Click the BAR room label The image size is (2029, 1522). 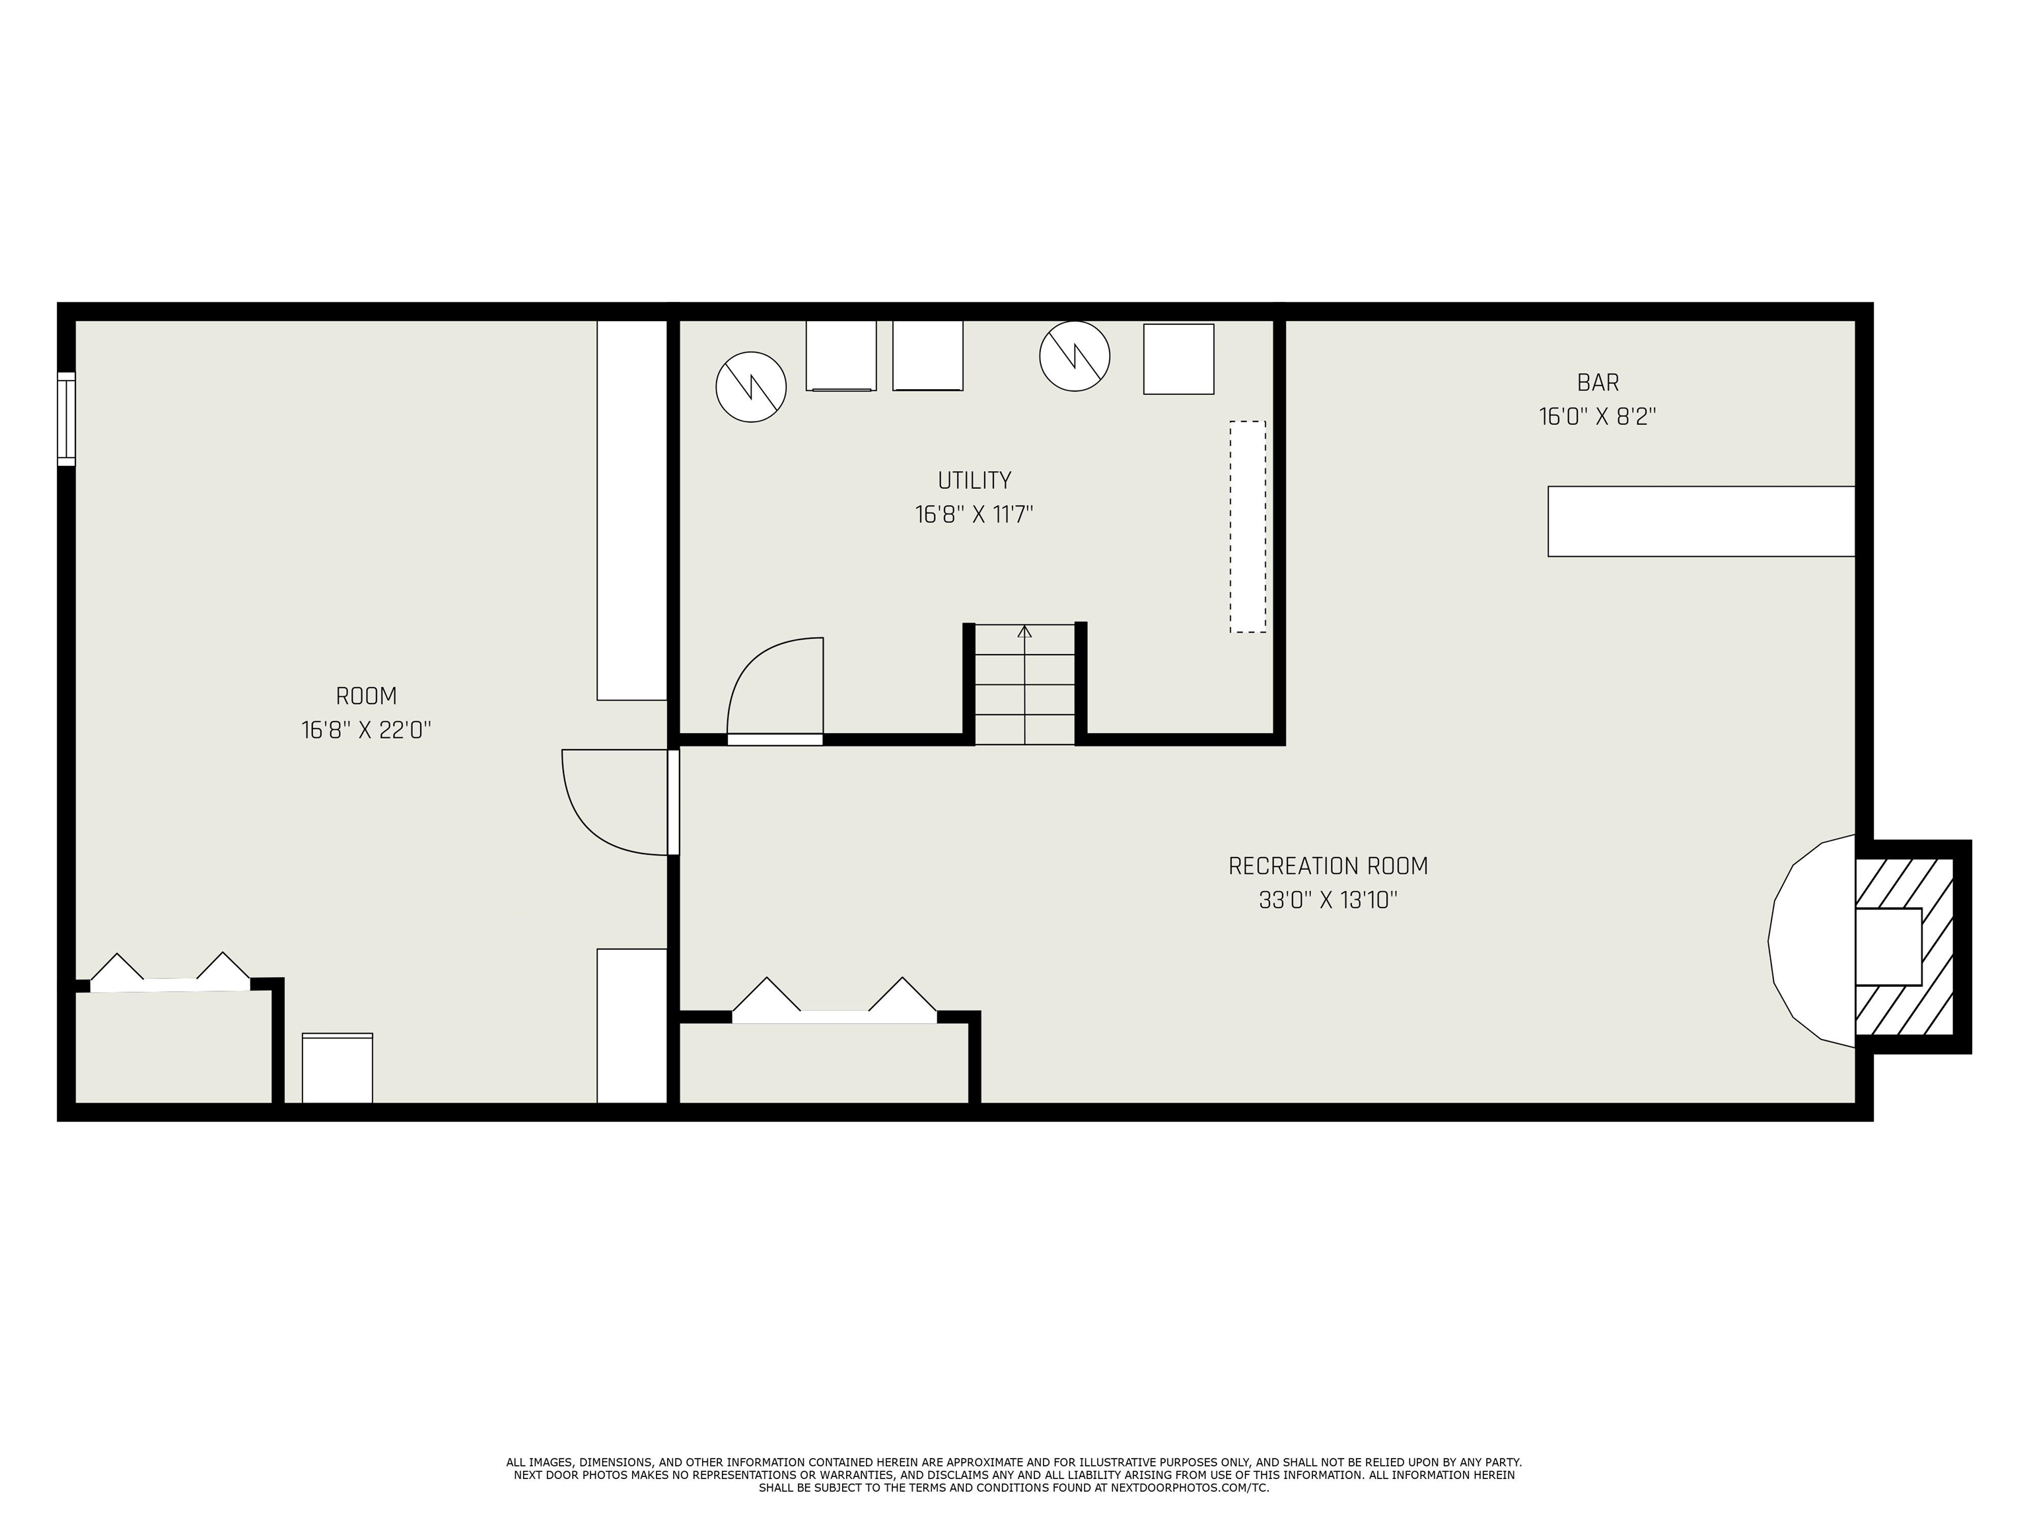1597,382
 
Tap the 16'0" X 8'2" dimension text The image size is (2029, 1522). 1597,417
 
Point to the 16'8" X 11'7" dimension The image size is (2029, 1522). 974,515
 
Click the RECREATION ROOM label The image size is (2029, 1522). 1328,865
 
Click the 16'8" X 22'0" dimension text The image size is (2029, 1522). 366,730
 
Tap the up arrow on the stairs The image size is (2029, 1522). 1024,631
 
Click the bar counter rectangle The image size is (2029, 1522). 1701,521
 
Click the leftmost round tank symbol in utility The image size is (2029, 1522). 750,386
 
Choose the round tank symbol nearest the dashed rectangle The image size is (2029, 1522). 1074,356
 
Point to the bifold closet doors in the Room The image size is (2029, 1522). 170,974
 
